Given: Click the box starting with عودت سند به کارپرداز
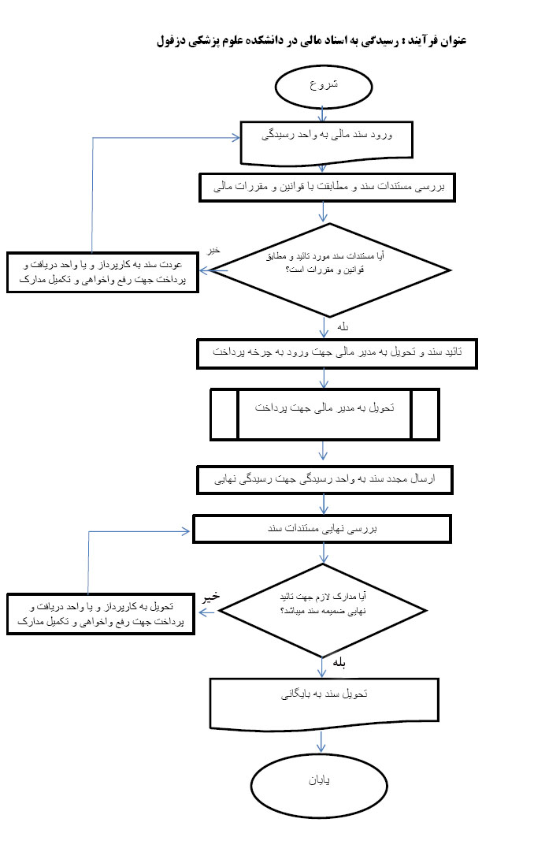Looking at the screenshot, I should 102,272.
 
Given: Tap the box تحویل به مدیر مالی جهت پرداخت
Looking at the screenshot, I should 324,412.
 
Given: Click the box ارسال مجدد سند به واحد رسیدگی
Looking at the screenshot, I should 324,479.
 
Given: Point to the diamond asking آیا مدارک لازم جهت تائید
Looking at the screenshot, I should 322,610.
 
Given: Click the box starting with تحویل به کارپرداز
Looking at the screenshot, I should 101,614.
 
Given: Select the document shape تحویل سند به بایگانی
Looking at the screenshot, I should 323,696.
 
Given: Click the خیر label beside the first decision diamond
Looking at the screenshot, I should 213,250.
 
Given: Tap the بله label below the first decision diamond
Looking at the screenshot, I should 342,325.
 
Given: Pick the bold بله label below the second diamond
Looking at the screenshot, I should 340,663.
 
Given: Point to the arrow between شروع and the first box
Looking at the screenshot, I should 323,113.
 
